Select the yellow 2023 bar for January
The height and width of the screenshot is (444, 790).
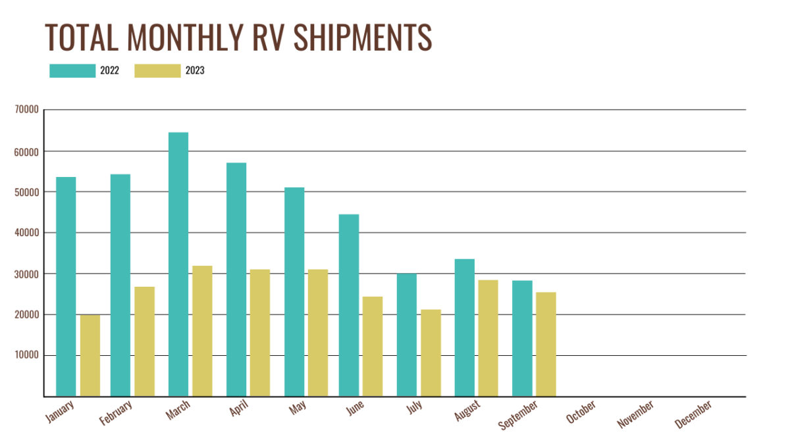[x=90, y=355]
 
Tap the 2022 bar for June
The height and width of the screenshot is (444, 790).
[x=349, y=305]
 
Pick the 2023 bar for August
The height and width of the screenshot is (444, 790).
[x=488, y=338]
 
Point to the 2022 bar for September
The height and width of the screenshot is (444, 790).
[x=522, y=338]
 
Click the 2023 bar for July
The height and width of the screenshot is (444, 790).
[x=431, y=353]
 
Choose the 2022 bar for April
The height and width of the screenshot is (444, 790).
[x=236, y=280]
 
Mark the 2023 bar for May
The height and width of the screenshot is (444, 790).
[x=317, y=333]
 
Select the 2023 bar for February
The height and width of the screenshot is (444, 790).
[x=144, y=341]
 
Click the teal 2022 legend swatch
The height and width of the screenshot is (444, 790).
[x=72, y=71]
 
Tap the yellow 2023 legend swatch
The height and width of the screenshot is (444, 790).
[x=157, y=71]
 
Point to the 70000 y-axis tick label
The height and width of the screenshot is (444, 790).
[x=26, y=110]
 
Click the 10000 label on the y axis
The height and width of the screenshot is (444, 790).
[x=26, y=356]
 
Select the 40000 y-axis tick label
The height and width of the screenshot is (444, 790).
[x=26, y=233]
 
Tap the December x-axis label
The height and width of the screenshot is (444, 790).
[x=694, y=415]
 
